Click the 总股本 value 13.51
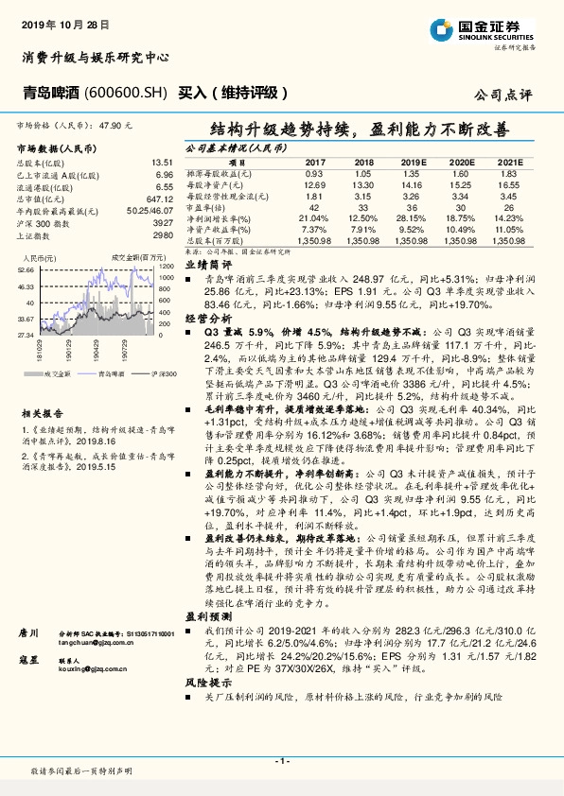(x=162, y=163)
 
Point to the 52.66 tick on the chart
(x=26, y=269)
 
